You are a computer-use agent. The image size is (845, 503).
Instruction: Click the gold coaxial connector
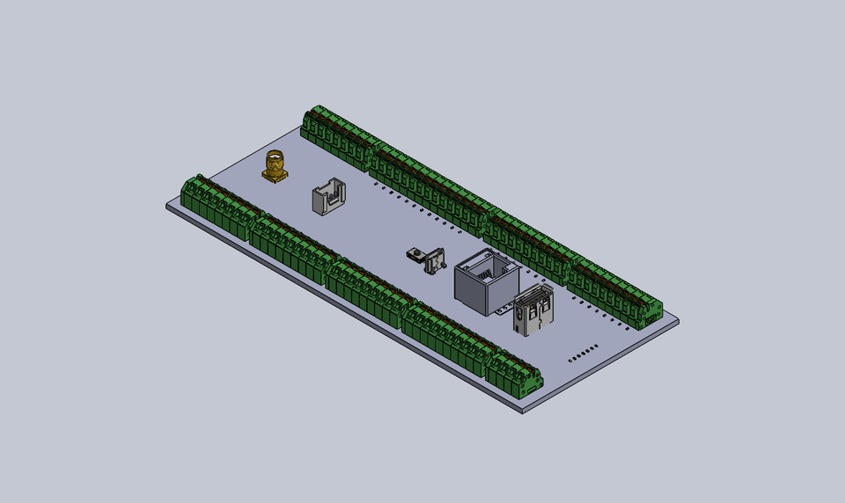pos(276,167)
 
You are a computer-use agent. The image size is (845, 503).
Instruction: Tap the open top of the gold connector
pos(276,157)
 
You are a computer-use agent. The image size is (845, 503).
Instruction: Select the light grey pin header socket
pos(328,198)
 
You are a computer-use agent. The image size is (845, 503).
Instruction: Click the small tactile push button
pos(413,254)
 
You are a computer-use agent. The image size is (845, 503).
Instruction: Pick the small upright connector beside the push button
pos(433,262)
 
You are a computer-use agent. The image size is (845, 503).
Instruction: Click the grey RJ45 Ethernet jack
pos(485,281)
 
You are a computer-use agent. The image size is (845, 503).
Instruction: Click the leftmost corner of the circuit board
pos(167,207)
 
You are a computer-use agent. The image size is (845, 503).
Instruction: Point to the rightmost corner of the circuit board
pos(679,320)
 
